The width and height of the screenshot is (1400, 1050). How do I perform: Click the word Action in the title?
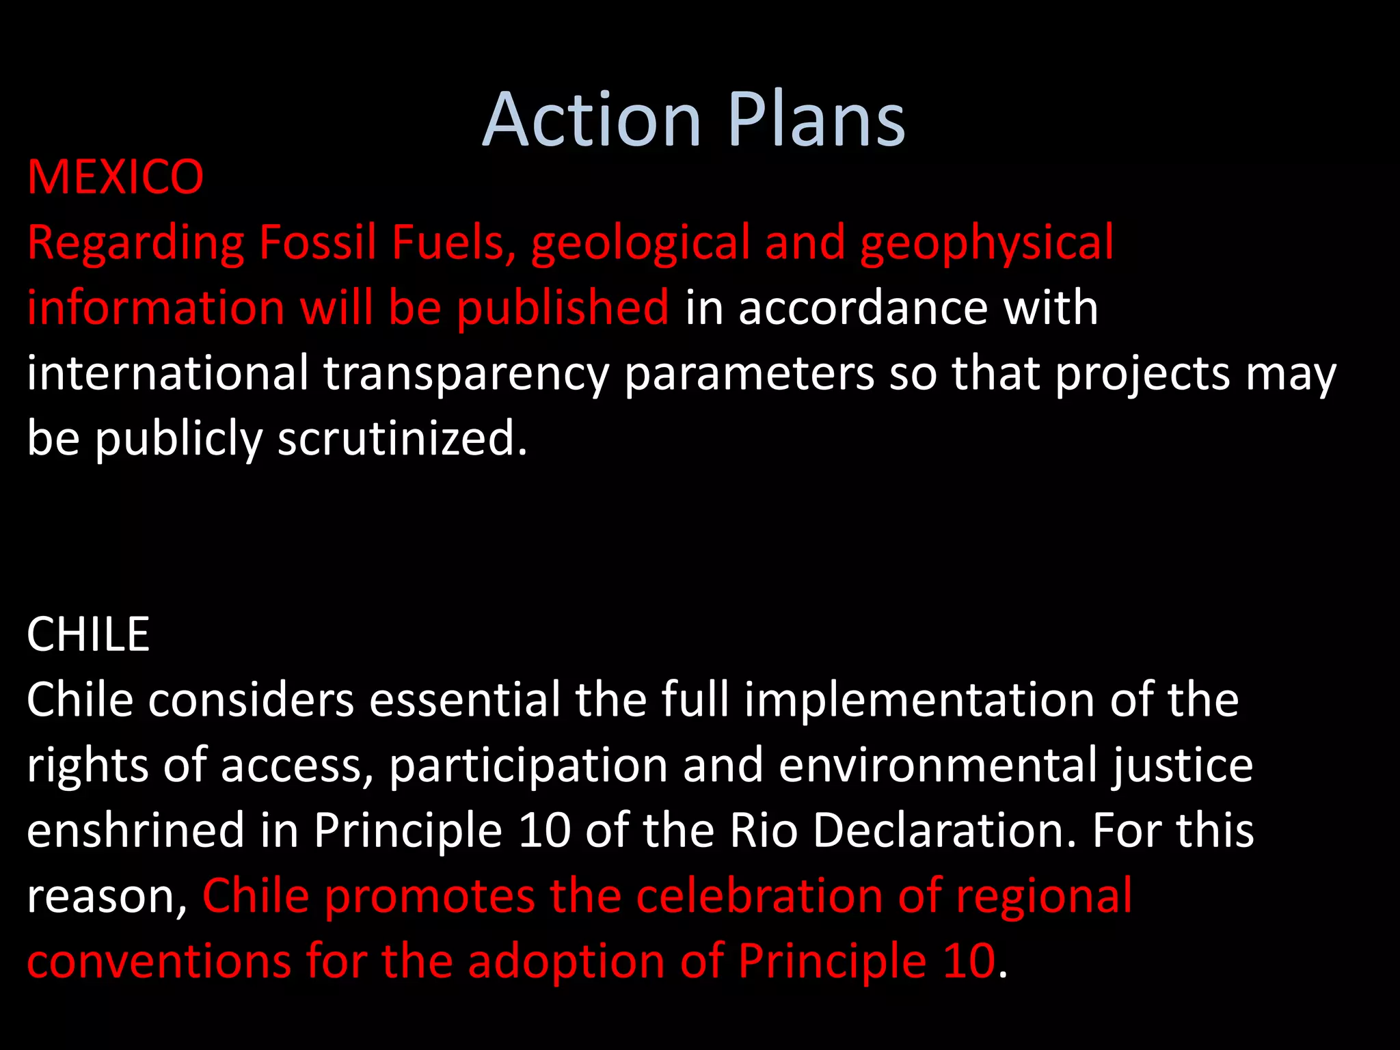coord(592,120)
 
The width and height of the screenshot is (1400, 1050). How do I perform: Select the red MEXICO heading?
coord(116,177)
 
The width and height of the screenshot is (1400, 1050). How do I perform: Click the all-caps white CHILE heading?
coord(88,634)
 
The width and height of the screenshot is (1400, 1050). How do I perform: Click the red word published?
coord(563,308)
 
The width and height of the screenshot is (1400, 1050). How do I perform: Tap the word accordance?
coord(863,308)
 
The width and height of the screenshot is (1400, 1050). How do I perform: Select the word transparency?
coord(466,375)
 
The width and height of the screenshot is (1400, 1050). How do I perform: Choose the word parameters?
coord(749,375)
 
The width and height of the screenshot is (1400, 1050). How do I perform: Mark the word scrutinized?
coord(402,438)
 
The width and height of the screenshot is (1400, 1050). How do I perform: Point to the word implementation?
coord(919,701)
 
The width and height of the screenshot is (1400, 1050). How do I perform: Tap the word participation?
coord(528,766)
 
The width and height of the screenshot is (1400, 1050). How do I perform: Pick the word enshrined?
coord(135,830)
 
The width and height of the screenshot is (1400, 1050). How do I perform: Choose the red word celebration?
coord(759,896)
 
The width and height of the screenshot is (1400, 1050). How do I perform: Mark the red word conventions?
coord(159,961)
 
